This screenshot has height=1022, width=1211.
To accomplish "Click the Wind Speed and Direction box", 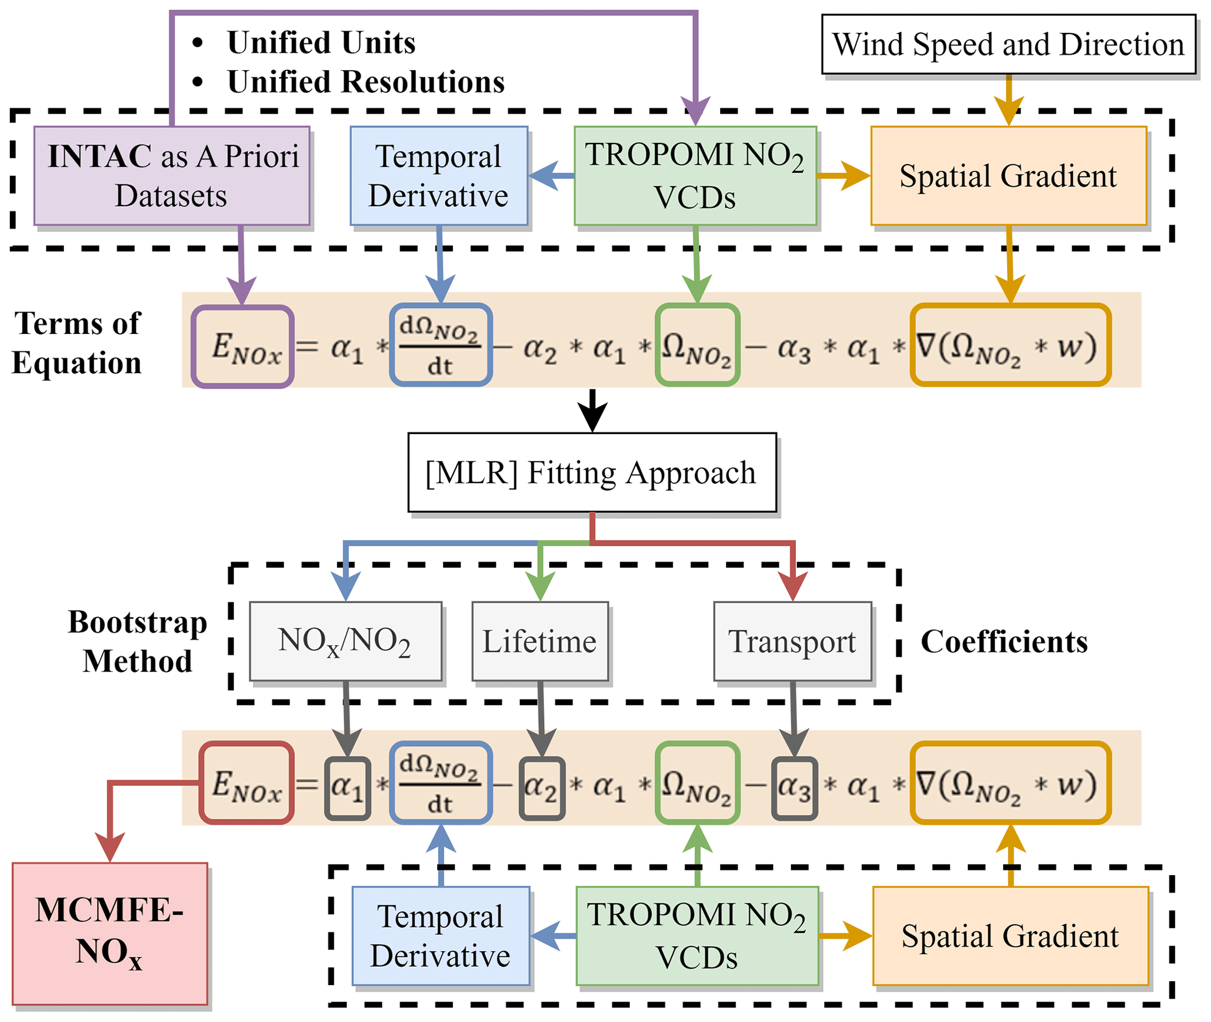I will [x=1008, y=45].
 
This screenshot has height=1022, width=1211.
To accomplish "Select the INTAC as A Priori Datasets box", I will [x=172, y=176].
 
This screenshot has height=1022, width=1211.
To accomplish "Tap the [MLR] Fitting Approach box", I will [x=592, y=472].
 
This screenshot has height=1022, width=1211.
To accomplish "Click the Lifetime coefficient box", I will [x=540, y=641].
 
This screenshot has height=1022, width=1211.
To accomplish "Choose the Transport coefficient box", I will [x=792, y=641].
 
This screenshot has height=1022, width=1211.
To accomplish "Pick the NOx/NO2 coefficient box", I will [x=345, y=641].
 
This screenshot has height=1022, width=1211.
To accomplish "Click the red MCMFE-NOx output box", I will [x=110, y=934].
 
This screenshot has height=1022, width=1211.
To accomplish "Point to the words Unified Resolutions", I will [x=366, y=81].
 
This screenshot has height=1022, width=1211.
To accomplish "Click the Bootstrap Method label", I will [x=137, y=641].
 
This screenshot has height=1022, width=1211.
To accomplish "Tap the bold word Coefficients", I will [x=1004, y=642].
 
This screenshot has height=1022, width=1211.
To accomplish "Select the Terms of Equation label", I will [x=77, y=343].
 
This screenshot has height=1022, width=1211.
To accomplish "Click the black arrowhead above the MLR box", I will [x=592, y=417].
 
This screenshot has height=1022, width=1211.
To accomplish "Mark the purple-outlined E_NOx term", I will [x=243, y=347].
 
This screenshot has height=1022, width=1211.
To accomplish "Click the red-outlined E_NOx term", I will [x=247, y=783].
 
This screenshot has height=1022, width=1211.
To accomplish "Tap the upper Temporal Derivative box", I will [x=439, y=176].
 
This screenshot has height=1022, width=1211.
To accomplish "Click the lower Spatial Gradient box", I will [x=1010, y=936].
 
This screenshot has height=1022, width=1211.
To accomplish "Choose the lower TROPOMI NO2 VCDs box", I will [x=697, y=936].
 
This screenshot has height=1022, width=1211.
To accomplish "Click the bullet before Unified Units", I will [x=198, y=43].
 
